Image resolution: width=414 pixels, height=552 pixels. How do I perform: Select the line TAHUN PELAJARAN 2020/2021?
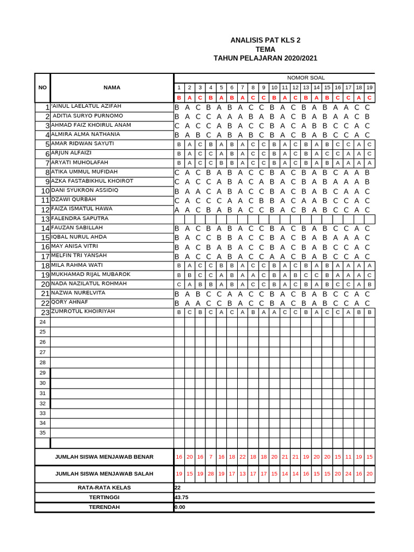coord(265,58)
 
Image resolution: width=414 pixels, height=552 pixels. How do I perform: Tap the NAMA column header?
coord(112,87)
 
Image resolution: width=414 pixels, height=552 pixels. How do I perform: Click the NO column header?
coord(43,87)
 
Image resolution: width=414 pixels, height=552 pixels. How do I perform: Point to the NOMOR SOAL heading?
coord(306,78)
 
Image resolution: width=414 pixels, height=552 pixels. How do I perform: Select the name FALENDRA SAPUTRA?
coord(79,218)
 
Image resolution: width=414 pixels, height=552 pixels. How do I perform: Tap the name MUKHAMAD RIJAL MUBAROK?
coord(90,274)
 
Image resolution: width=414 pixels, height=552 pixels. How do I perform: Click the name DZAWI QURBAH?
coord(73,199)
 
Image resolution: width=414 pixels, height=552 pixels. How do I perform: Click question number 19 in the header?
coord(369,87)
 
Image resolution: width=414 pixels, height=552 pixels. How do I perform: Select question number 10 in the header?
coord(274,87)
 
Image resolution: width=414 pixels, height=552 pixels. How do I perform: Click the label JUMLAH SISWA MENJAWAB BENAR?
coord(104,457)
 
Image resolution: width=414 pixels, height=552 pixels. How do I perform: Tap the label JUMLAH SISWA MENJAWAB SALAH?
coord(104,474)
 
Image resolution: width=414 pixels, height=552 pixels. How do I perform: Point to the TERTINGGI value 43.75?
coord(181,497)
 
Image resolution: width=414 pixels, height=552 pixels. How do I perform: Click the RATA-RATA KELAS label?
coord(104,487)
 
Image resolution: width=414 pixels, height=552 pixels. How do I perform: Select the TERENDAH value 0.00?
coord(180,507)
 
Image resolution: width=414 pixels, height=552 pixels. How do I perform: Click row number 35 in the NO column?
coord(43,432)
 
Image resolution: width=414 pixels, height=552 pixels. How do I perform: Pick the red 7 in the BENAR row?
coord(210,457)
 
